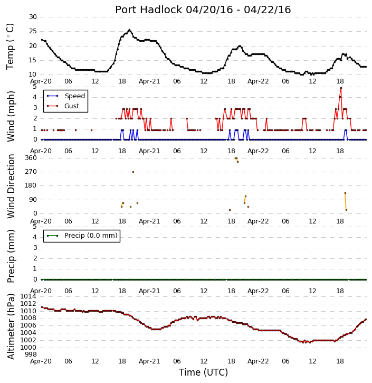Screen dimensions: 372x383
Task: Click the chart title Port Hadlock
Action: (149, 10)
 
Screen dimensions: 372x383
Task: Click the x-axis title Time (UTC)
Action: (203, 372)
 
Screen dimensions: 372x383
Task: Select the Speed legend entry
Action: (66, 96)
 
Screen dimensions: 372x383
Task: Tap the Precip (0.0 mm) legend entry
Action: (82, 236)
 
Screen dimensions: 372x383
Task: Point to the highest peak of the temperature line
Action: (129, 30)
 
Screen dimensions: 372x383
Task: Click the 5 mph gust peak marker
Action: (341, 88)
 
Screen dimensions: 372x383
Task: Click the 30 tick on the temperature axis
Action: (33, 17)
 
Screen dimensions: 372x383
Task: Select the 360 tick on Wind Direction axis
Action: (31, 158)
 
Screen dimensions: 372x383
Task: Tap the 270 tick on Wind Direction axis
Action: (31, 172)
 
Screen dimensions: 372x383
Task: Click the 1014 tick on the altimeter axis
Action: (28, 296)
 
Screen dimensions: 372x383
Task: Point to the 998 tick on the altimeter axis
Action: (31, 354)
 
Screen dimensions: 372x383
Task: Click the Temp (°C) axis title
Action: (10, 46)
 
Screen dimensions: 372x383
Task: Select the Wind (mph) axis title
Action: (11, 116)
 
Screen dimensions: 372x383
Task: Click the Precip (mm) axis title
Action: (11, 256)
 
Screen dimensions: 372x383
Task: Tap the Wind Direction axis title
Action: (11, 186)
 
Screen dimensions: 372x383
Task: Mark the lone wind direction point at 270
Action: (133, 172)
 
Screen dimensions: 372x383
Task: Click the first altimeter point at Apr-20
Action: (42, 307)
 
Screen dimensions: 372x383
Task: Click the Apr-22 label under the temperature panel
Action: (258, 81)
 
